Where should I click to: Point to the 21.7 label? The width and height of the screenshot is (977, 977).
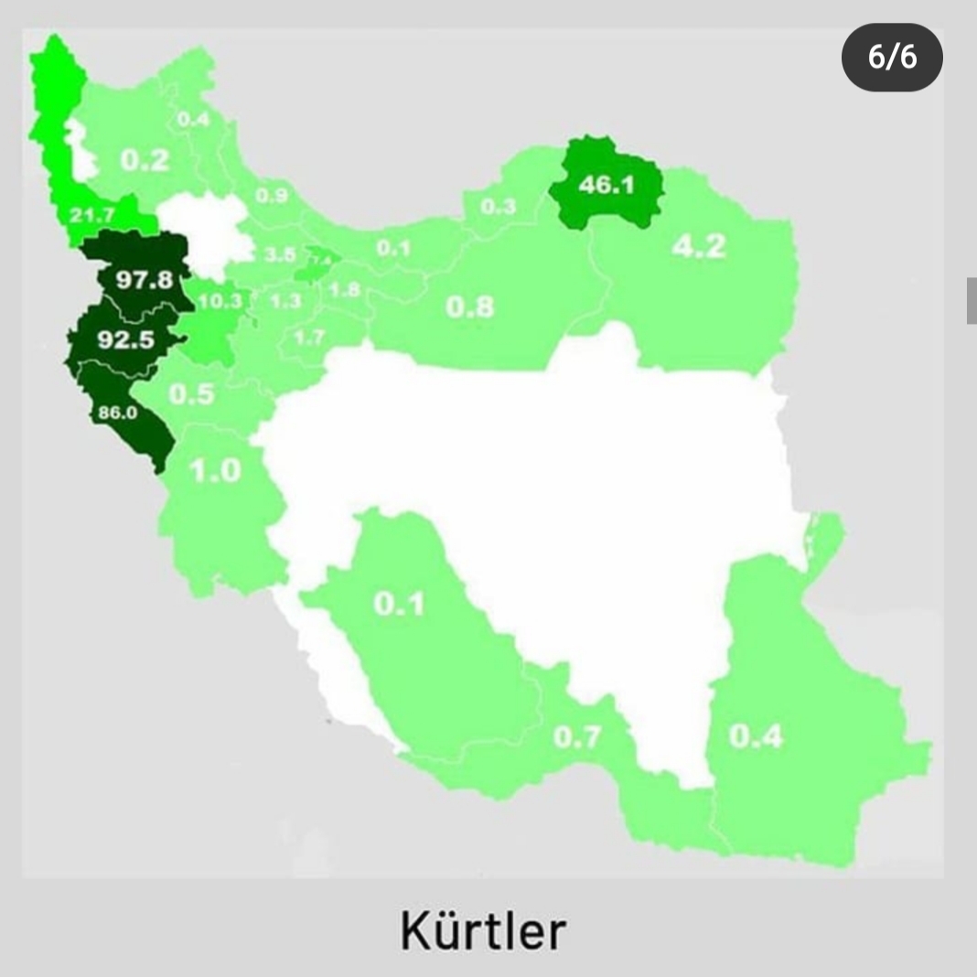click(x=92, y=217)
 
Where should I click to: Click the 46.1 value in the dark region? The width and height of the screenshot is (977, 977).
click(x=607, y=185)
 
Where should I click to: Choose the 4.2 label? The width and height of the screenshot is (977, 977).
click(x=699, y=246)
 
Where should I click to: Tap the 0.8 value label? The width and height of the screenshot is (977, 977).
click(x=469, y=306)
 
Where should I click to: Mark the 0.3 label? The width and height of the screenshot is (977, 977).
click(x=498, y=207)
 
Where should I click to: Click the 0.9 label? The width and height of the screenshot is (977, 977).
click(x=272, y=195)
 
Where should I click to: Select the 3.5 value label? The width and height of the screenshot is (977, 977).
click(x=280, y=255)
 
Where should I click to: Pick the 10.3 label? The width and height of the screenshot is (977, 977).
click(x=220, y=300)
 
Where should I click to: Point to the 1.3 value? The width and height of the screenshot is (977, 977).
click(x=286, y=300)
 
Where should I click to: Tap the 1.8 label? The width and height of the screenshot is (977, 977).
click(x=344, y=291)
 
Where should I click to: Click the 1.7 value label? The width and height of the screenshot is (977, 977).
click(x=309, y=338)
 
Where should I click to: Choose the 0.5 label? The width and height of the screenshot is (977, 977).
click(x=191, y=394)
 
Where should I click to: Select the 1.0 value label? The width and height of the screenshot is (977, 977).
click(x=215, y=471)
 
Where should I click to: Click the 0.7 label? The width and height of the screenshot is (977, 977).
click(x=577, y=737)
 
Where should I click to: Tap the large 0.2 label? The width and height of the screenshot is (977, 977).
click(x=145, y=160)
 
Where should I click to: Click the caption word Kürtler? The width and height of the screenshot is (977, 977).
click(x=483, y=930)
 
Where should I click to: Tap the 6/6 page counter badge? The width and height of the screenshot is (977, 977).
click(x=892, y=58)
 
